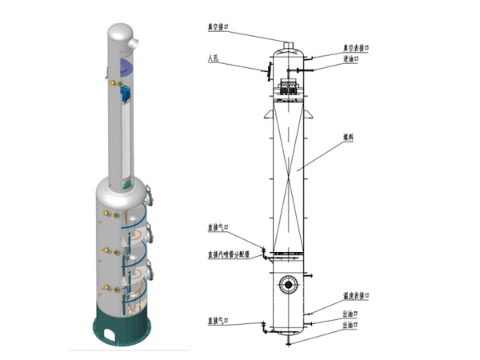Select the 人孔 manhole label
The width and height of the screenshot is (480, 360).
point(212,58)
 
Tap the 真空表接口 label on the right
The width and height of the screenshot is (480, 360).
point(357,48)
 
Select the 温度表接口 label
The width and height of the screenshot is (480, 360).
point(357,294)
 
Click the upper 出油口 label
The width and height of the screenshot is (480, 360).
point(350,313)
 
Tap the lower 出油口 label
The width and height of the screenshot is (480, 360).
point(350,326)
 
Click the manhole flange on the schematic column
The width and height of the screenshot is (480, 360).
point(262,71)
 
